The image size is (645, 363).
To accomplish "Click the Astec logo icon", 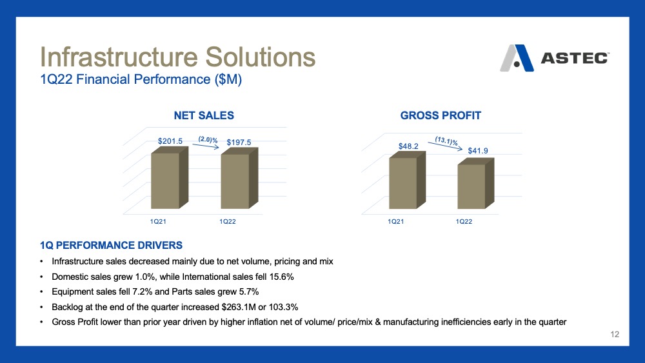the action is (x=517, y=58).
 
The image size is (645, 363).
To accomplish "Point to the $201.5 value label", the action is (x=170, y=141).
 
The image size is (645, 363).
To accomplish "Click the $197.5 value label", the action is (x=239, y=142).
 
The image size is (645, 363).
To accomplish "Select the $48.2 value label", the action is (x=408, y=146).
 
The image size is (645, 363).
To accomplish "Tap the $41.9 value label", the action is (x=478, y=150).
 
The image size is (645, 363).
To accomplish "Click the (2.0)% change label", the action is (x=208, y=140).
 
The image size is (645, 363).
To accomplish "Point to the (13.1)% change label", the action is (x=447, y=141).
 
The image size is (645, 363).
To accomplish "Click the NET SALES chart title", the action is (x=204, y=115).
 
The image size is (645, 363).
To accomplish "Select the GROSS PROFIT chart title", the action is (x=441, y=115).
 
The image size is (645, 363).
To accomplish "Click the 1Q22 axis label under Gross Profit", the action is (x=464, y=221).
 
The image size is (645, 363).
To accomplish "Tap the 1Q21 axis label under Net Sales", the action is (x=158, y=221).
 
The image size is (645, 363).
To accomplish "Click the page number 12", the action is (x=615, y=334).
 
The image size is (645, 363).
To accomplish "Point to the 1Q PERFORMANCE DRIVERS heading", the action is (x=111, y=246).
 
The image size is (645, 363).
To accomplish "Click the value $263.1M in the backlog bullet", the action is (x=239, y=307).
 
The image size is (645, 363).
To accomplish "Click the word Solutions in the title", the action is (x=261, y=57).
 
